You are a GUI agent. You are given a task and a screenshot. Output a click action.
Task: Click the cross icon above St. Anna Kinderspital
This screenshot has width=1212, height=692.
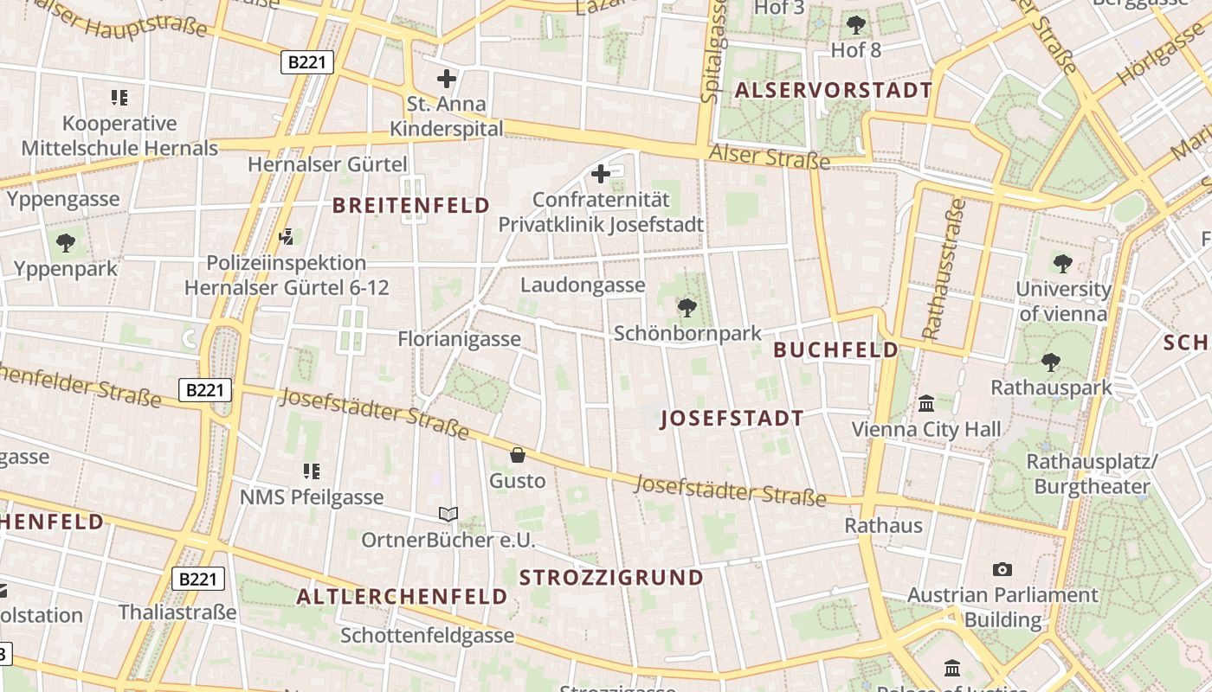pyautogui.click(x=446, y=79)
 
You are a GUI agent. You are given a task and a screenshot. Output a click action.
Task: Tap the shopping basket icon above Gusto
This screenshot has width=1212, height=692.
pyautogui.click(x=518, y=454)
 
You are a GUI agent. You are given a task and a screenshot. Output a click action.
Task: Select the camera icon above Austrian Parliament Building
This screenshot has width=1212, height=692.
pyautogui.click(x=1002, y=569)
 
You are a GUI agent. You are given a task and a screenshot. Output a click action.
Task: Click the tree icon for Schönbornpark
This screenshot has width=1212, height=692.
pyautogui.click(x=687, y=307)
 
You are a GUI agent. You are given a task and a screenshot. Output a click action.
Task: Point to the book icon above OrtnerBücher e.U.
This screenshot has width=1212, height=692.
pyautogui.click(x=448, y=515)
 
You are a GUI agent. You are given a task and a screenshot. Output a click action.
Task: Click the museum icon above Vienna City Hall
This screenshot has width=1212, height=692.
pyautogui.click(x=926, y=403)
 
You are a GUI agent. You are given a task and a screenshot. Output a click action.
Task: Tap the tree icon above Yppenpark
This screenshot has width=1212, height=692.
pyautogui.click(x=65, y=243)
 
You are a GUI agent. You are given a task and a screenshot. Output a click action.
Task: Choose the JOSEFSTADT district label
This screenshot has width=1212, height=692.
pyautogui.click(x=732, y=420)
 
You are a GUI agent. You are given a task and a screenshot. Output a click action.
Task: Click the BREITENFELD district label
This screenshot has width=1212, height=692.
pyautogui.click(x=411, y=206)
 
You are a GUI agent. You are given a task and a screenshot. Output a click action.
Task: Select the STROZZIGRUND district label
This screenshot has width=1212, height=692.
pyautogui.click(x=611, y=578)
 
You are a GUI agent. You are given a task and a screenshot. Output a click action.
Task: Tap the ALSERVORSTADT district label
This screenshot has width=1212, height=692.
pyautogui.click(x=834, y=90)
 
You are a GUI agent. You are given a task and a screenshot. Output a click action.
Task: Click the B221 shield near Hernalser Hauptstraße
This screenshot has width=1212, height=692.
pyautogui.click(x=307, y=61)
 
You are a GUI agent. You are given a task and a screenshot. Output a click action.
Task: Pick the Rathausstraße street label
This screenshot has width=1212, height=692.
pyautogui.click(x=944, y=269)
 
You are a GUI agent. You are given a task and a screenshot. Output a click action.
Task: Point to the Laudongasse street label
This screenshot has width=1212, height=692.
pyautogui.click(x=583, y=285)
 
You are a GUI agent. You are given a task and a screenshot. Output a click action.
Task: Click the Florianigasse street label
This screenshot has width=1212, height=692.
pyautogui.click(x=459, y=339)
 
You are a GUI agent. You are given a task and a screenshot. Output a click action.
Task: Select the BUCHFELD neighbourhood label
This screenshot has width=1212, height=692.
pyautogui.click(x=835, y=350)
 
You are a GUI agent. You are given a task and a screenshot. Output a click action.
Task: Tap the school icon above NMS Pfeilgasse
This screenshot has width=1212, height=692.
pyautogui.click(x=312, y=471)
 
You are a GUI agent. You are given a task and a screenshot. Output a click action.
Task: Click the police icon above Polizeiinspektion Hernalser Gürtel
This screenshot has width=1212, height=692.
pyautogui.click(x=287, y=235)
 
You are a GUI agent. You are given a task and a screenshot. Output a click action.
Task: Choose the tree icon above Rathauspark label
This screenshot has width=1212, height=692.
pyautogui.click(x=1051, y=362)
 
